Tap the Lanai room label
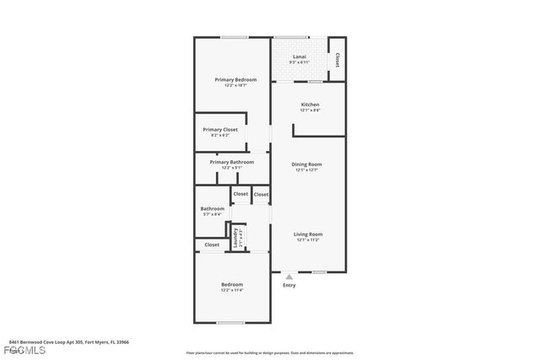pos(299,57)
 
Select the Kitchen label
pos(310,105)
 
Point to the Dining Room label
pos(307,164)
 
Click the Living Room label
pos(309,234)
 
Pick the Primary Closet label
pos(220,129)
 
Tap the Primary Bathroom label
pos(231,162)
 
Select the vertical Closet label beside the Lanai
pos(337,61)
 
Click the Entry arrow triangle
pos(289,276)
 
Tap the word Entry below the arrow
pos(289,285)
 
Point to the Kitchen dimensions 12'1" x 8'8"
pos(310,110)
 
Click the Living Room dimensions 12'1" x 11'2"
pos(309,240)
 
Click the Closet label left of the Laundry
pos(212,244)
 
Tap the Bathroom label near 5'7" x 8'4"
pos(213,208)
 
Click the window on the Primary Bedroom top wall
pos(234,37)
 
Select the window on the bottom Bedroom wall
pos(230,322)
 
